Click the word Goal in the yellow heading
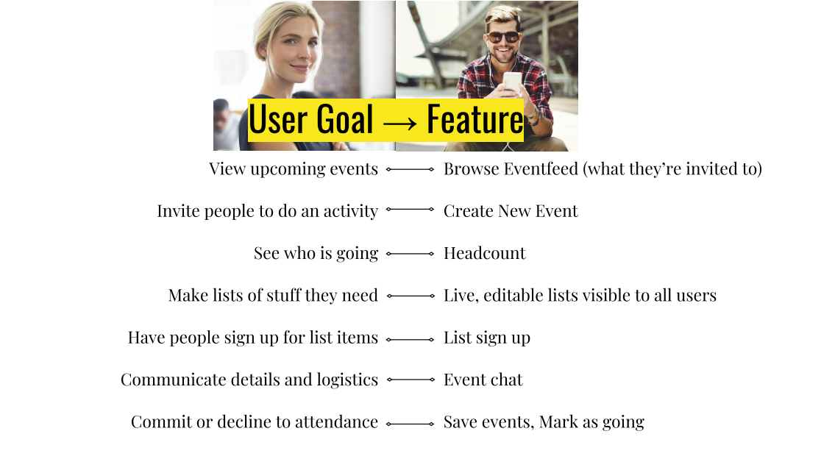coord(342,120)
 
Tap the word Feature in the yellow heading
coord(475,120)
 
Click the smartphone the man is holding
coord(512,82)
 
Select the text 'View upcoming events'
coord(293,168)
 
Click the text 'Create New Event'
coord(510,211)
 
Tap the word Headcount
coord(484,253)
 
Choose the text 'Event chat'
coord(483,380)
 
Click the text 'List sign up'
coord(486,338)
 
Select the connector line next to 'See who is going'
coord(410,254)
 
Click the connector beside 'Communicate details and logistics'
coord(410,380)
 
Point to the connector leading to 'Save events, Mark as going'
coord(410,423)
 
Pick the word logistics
coord(347,380)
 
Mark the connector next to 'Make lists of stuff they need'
coord(410,296)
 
